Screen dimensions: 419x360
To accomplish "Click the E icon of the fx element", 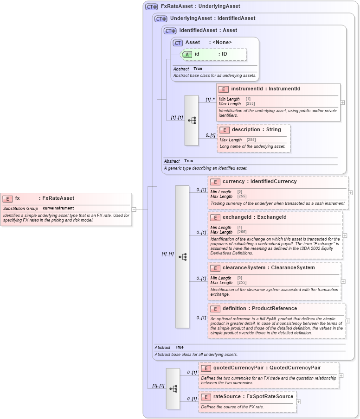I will pyautogui.click(x=7, y=198).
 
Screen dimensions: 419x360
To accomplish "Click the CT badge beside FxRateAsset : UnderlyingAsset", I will pyautogui.click(x=151, y=6).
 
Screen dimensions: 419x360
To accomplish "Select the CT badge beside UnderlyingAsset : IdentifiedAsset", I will pyautogui.click(x=161, y=19).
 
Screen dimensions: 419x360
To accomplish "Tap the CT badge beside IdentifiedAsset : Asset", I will pyautogui.click(x=170, y=31).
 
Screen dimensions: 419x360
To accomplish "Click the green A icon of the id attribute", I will pyautogui.click(x=187, y=54).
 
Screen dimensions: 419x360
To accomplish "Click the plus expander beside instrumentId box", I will pyautogui.click(x=342, y=102).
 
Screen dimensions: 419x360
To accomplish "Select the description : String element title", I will pyautogui.click(x=256, y=130).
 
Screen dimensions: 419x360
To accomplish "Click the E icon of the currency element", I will pyautogui.click(x=215, y=182).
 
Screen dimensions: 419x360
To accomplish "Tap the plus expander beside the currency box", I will pyautogui.click(x=350, y=192).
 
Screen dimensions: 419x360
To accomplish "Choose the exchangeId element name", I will pyautogui.click(x=238, y=217).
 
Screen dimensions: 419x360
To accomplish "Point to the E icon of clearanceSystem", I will pyautogui.click(x=215, y=268).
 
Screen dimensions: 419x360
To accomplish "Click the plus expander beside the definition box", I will pyautogui.click(x=348, y=321).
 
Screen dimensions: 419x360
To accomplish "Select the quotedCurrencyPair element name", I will pyautogui.click(x=238, y=368).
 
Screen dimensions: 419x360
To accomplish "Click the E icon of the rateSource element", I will pyautogui.click(x=206, y=397).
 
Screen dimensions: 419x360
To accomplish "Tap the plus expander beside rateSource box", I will pyautogui.click(x=299, y=402).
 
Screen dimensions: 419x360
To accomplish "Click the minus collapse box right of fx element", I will pyautogui.click(x=134, y=209).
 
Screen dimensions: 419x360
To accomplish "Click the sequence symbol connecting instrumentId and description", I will pyautogui.click(x=192, y=121).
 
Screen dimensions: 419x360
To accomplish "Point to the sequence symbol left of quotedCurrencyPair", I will pyautogui.click(x=173, y=389).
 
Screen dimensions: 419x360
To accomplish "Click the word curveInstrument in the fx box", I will pyautogui.click(x=58, y=208).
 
